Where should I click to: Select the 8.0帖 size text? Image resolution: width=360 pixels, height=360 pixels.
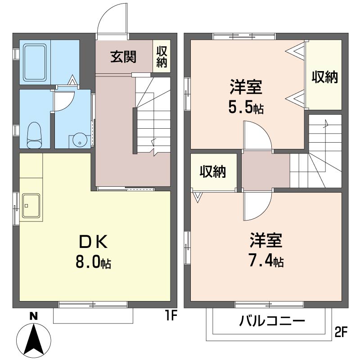pyautogui.click(x=93, y=263)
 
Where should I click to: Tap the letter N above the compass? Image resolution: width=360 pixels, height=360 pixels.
pyautogui.click(x=34, y=316)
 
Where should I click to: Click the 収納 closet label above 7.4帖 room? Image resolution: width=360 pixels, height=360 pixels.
pyautogui.click(x=213, y=171)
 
